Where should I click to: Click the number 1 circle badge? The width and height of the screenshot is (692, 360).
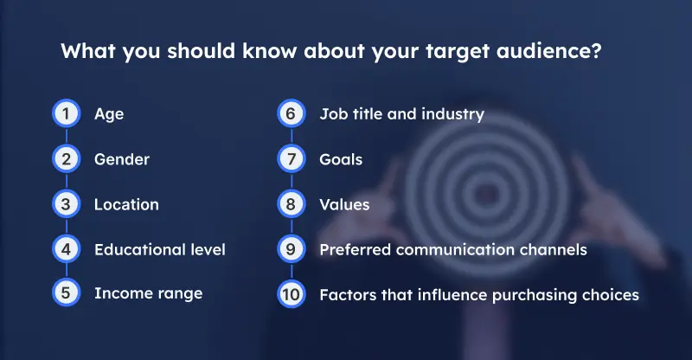[x=65, y=114]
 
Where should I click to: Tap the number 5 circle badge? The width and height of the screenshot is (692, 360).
[x=65, y=293]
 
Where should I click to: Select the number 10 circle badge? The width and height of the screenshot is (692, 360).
[x=291, y=294]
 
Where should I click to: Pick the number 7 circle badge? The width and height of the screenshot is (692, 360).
[x=291, y=159]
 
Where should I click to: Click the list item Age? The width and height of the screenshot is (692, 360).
[x=109, y=114]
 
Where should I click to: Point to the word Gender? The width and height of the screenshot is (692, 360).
[x=122, y=159]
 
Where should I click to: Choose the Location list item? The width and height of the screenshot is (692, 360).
[x=126, y=204]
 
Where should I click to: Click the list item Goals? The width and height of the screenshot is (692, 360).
[x=341, y=159]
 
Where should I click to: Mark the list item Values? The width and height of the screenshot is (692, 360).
[x=344, y=204]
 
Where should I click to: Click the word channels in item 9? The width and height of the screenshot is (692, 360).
[x=554, y=249]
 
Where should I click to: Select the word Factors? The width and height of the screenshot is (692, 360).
[x=346, y=294]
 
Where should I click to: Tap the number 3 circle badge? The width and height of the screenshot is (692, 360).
[x=65, y=204]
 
